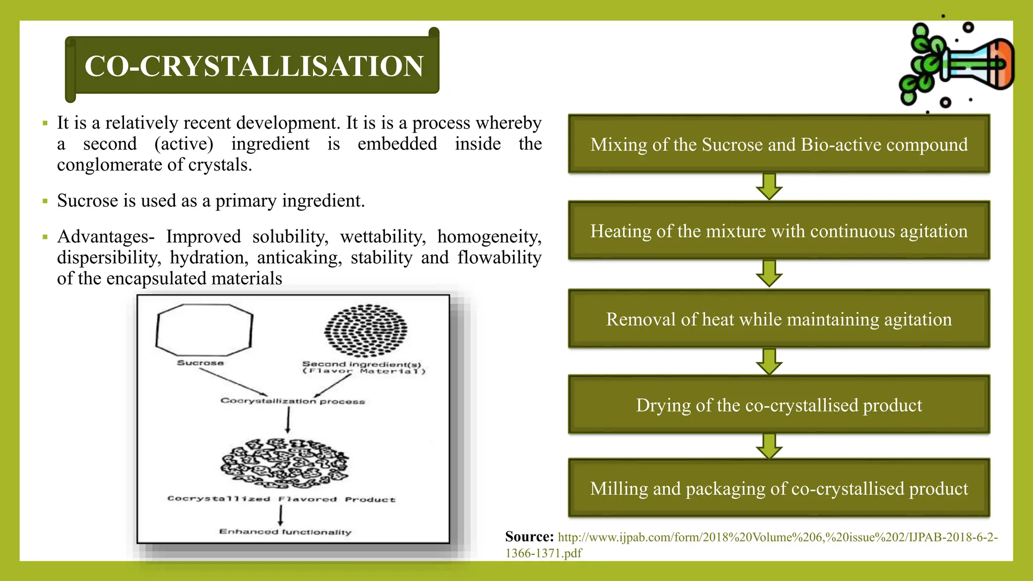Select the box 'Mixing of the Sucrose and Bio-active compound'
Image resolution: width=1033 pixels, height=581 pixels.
[x=779, y=144]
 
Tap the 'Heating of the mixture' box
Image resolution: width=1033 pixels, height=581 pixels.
[x=779, y=231]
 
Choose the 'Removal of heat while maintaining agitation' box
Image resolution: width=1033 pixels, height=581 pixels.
[x=779, y=319]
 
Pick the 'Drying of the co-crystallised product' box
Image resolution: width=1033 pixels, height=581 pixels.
[x=779, y=405]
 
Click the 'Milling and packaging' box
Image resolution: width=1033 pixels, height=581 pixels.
[x=779, y=488]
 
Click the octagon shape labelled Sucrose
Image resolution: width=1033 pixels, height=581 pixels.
[x=204, y=330]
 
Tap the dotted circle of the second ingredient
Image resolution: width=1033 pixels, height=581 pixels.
[x=366, y=330]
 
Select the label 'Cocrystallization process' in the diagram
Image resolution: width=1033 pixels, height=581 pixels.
[x=293, y=401]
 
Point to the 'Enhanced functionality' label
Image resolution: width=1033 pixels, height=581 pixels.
[x=285, y=532]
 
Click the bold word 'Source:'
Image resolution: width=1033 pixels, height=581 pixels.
[x=529, y=537]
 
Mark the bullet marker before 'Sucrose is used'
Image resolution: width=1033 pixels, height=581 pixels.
[x=45, y=201]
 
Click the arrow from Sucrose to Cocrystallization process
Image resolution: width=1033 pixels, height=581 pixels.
[x=233, y=382]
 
